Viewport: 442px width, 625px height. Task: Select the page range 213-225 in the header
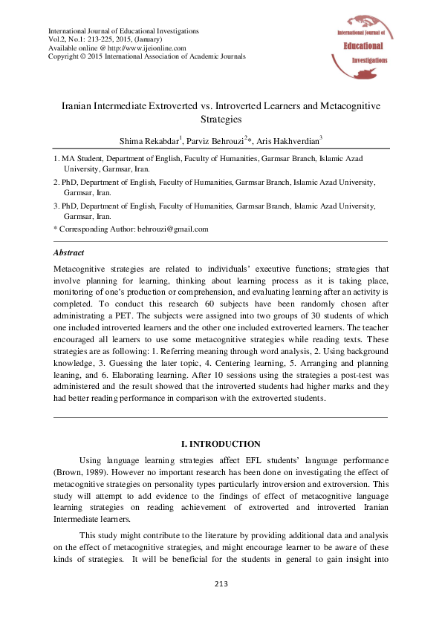click(x=102, y=39)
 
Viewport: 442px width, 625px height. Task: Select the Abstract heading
click(x=69, y=252)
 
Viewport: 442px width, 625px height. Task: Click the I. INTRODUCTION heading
click(x=221, y=444)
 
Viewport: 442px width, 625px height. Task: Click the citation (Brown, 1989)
click(x=79, y=472)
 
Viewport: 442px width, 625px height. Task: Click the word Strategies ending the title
click(x=221, y=119)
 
